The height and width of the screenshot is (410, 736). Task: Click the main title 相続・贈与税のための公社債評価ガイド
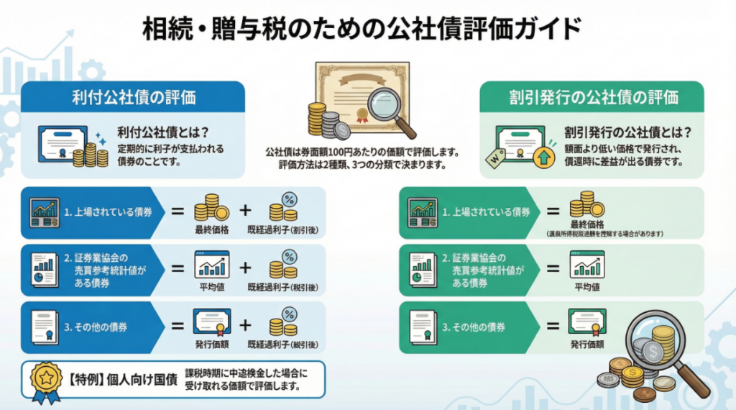[x=367, y=29]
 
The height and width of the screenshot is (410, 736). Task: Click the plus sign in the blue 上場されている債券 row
[x=246, y=211]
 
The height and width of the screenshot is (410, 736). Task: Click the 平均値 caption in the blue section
[x=211, y=287]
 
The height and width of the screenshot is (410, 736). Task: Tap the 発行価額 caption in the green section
[x=586, y=345]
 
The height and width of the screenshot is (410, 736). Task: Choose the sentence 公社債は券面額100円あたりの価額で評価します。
[x=362, y=152]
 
